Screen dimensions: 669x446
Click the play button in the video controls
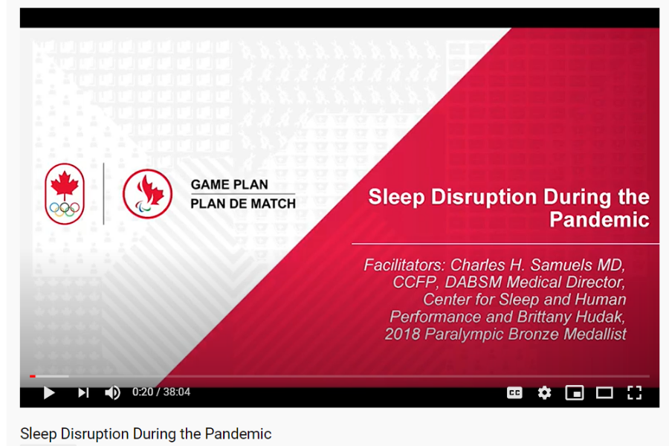coord(50,392)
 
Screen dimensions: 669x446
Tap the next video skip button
coord(83,392)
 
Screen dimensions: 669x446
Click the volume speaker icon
coord(113,392)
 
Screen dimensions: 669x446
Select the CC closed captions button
coord(514,392)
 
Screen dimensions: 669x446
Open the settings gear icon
coord(544,392)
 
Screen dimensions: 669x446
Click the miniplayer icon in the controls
coord(575,392)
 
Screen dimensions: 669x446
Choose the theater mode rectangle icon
coord(604,392)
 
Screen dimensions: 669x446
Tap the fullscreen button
coord(635,392)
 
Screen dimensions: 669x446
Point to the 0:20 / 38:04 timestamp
coord(161,392)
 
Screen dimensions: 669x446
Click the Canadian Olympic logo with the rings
coord(65,194)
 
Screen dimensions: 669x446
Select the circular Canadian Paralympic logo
coord(148,194)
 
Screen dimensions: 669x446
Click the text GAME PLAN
coord(229,184)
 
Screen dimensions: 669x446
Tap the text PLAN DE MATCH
coord(243,204)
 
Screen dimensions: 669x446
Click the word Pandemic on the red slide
coord(599,219)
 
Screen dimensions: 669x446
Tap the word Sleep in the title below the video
coord(39,434)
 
